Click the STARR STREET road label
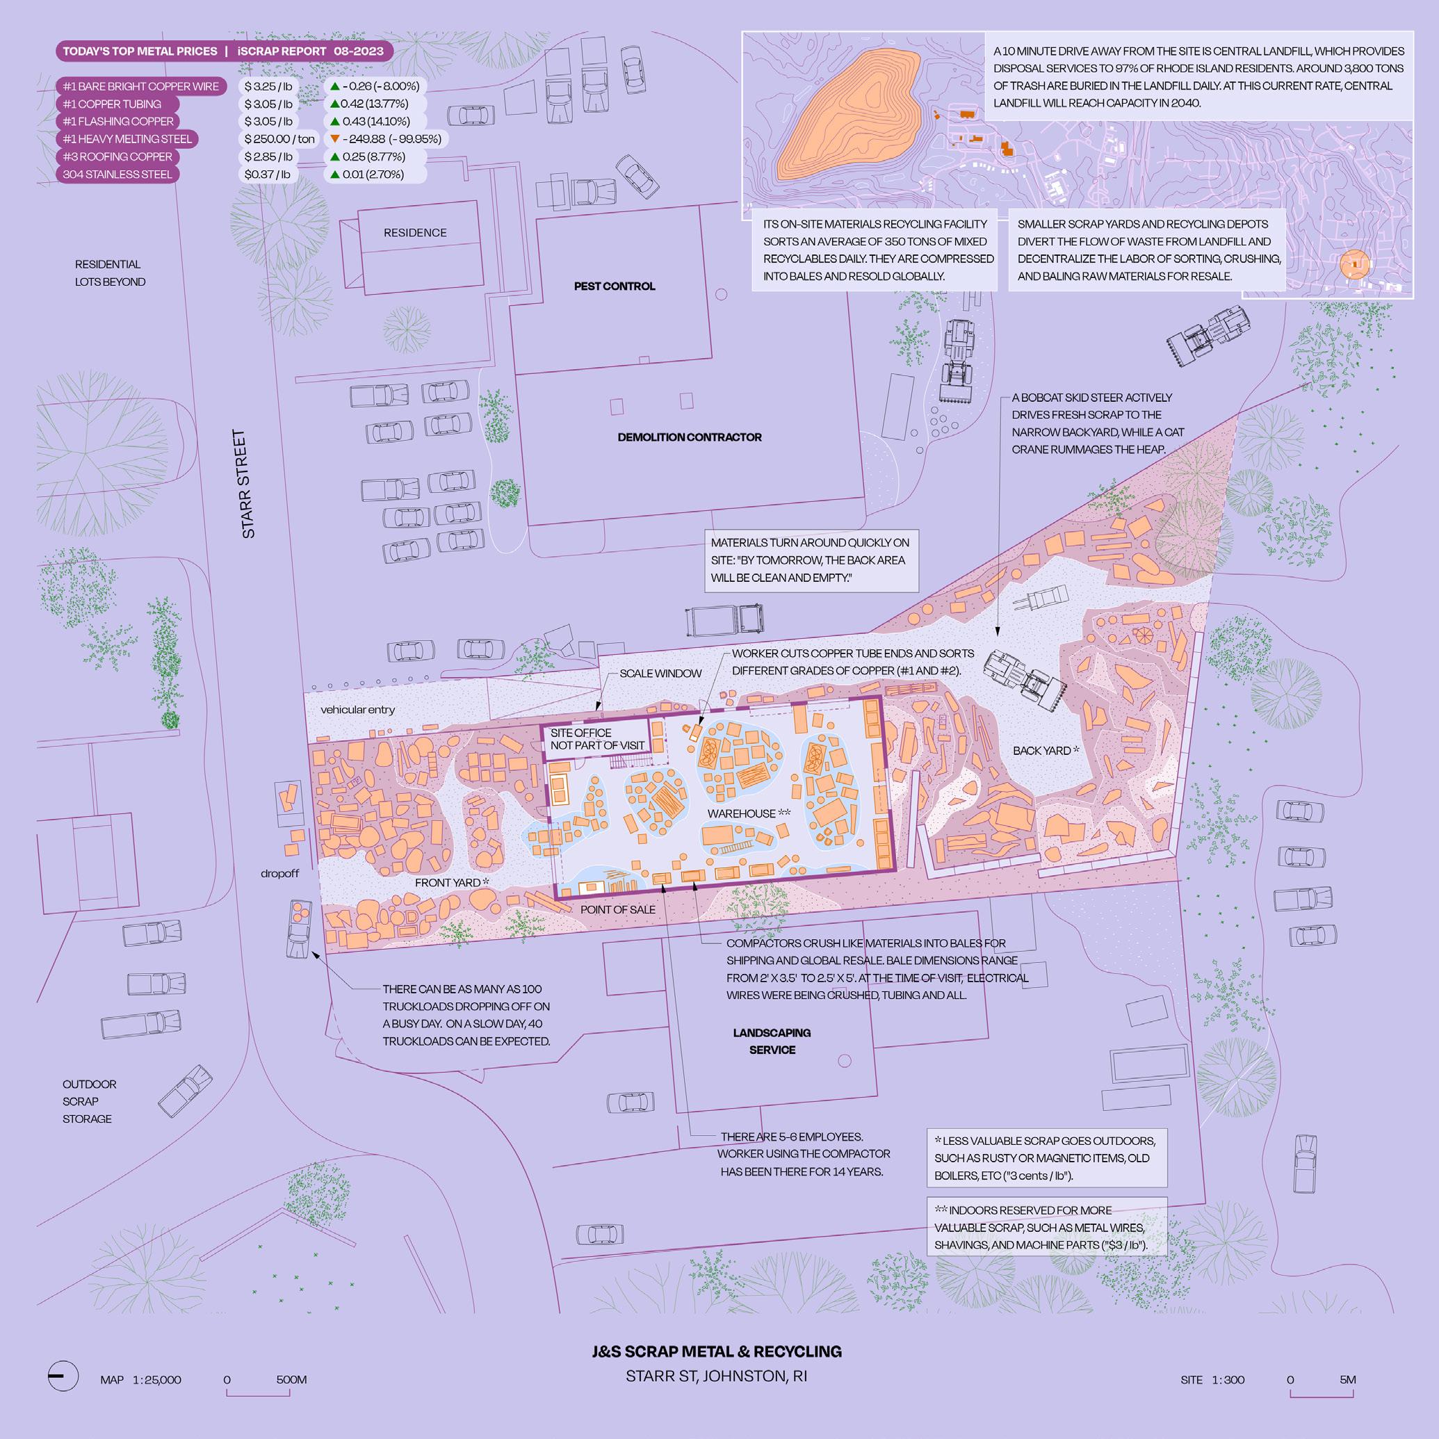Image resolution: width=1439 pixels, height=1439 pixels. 243,483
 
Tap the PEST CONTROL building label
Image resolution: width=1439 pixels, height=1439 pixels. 614,286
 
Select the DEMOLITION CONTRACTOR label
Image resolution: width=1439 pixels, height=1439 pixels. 689,437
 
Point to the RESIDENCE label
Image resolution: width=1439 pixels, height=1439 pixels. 415,232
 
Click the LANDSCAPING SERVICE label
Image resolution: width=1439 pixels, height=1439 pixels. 772,1041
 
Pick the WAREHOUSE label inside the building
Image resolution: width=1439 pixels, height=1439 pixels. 748,813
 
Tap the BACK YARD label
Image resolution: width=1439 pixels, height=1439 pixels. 1045,751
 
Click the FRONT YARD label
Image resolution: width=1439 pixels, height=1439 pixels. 451,883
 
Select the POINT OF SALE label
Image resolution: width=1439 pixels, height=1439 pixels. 617,909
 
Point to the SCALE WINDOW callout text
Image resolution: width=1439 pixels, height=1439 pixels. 660,674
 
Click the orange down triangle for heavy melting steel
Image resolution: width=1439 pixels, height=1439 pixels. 335,138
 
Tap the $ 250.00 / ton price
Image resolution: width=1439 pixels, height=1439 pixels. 279,139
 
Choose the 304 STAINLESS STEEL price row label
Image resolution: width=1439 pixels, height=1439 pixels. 117,174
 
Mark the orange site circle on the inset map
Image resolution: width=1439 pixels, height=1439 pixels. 1353,264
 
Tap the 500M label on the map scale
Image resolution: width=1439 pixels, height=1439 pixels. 291,1379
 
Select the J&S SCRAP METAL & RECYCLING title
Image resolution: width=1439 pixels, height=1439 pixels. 717,1352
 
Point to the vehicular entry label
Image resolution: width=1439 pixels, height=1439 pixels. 357,710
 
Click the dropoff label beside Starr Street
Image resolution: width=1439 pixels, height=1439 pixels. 279,874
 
